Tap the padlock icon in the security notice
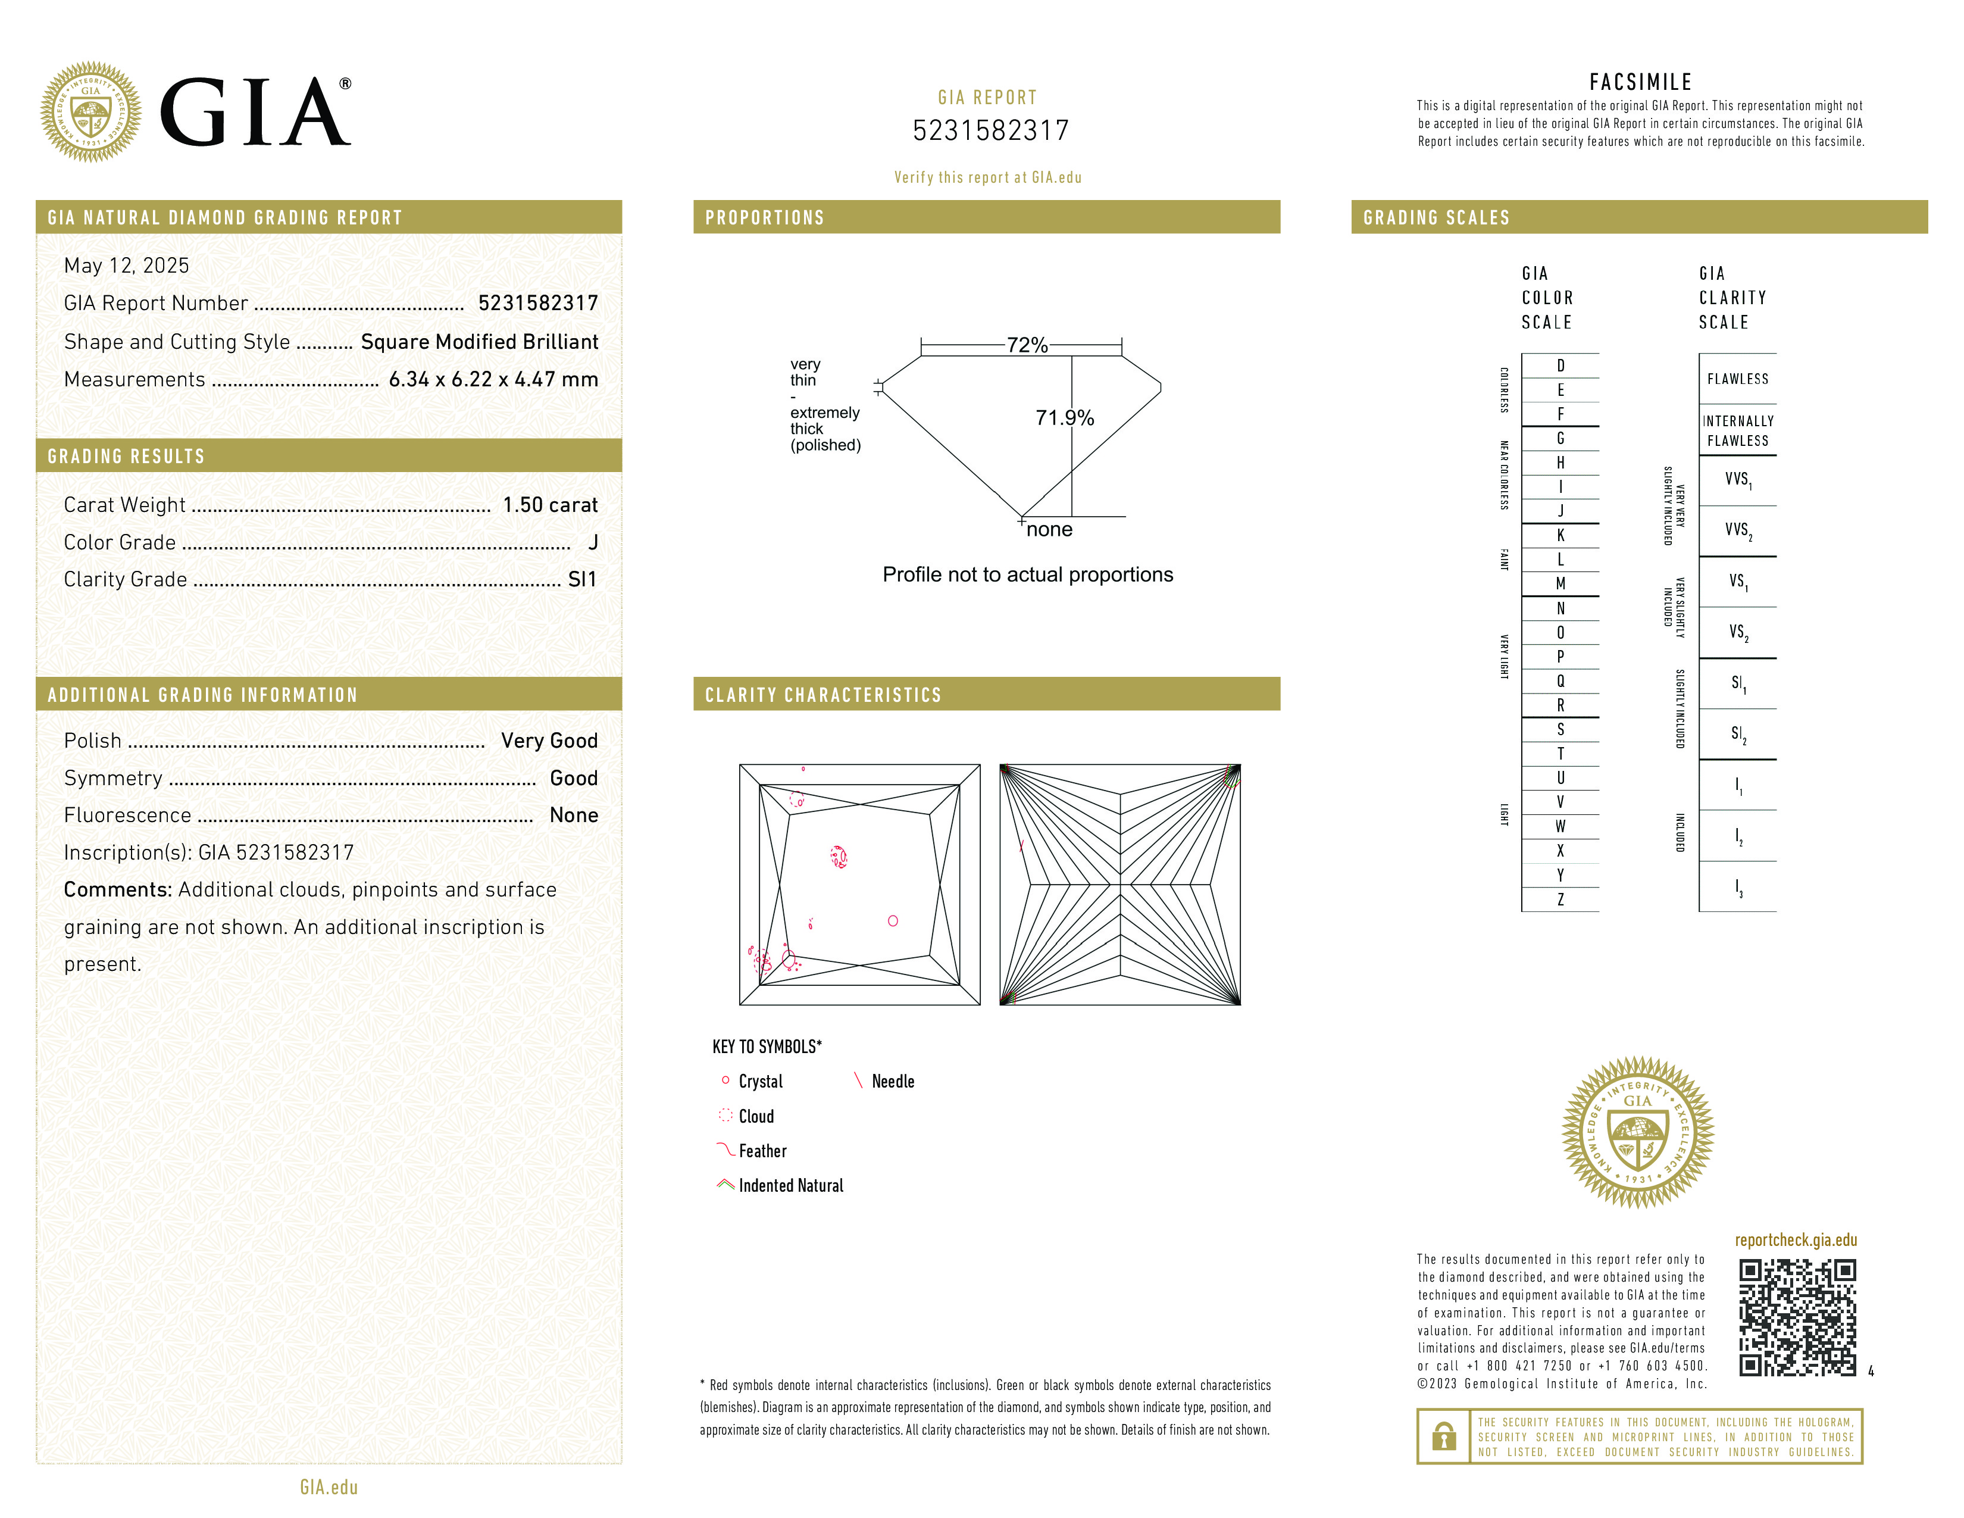click(1443, 1436)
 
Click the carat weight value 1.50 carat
click(549, 505)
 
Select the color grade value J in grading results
click(593, 542)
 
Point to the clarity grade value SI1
click(582, 580)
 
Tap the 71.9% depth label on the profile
click(1064, 418)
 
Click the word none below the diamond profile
click(1049, 530)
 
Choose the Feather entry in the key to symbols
click(762, 1151)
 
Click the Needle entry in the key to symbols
click(892, 1082)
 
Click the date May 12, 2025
click(127, 266)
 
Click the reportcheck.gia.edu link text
click(1796, 1240)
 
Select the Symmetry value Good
click(574, 778)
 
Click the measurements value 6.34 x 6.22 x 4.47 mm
click(493, 380)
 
